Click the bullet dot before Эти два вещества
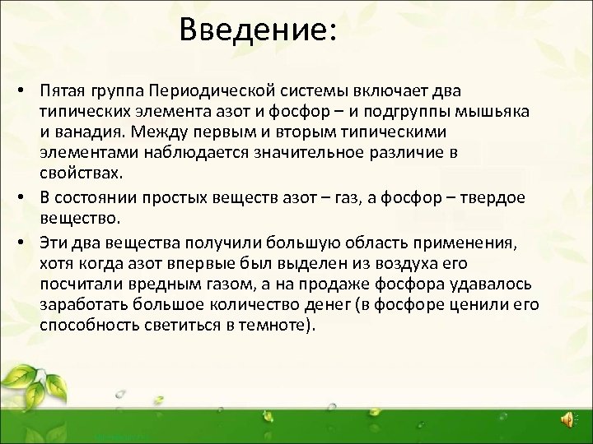pyautogui.click(x=28, y=239)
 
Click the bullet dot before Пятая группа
pyautogui.click(x=28, y=89)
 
